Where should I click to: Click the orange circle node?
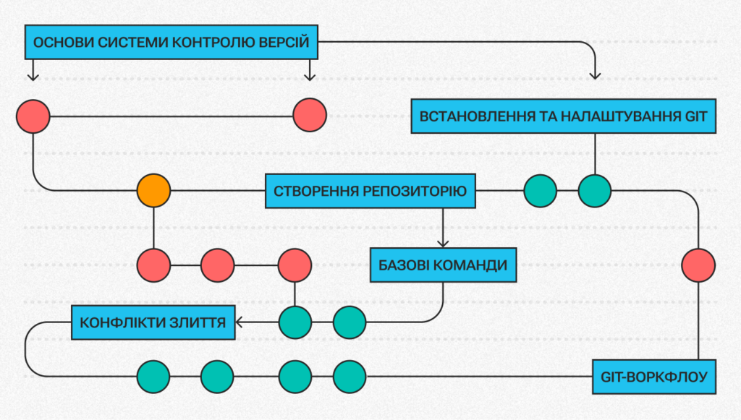[x=153, y=192]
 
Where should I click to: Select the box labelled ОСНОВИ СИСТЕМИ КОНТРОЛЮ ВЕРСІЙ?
[x=172, y=43]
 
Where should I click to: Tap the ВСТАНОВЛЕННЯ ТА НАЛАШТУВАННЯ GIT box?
[x=564, y=116]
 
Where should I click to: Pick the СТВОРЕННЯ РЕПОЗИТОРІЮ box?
[x=370, y=192]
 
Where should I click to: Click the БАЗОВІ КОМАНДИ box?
[x=443, y=265]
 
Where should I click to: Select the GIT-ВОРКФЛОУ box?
[x=654, y=377]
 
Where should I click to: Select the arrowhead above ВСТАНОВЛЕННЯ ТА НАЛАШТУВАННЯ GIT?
[x=596, y=74]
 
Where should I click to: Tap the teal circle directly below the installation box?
[x=595, y=192]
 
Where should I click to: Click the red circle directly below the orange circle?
[x=153, y=265]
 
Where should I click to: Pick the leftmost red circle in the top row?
[x=33, y=116]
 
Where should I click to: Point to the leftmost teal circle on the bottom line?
[x=153, y=377]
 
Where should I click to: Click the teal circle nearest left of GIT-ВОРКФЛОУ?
[x=350, y=377]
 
